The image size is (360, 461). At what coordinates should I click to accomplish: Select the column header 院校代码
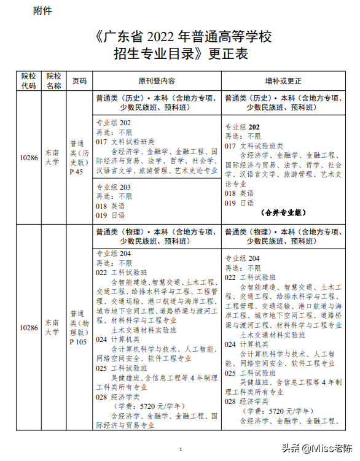[28, 81]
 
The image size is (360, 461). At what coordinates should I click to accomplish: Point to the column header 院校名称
[53, 81]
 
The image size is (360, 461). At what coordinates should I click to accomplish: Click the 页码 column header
[79, 81]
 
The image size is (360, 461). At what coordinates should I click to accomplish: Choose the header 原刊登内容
[157, 81]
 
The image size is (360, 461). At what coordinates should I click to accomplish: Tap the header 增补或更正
[283, 81]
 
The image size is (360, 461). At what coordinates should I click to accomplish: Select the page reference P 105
[78, 342]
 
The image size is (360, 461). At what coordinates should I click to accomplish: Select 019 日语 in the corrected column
[239, 203]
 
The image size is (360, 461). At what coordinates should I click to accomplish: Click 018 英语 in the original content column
[111, 206]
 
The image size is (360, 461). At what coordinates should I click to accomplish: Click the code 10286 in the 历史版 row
[28, 158]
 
